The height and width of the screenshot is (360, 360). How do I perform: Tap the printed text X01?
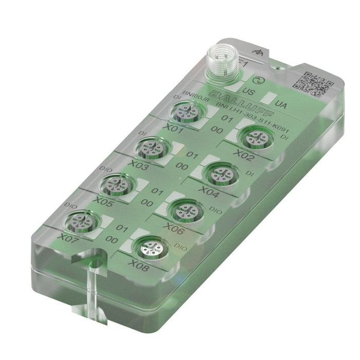tap(173, 130)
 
